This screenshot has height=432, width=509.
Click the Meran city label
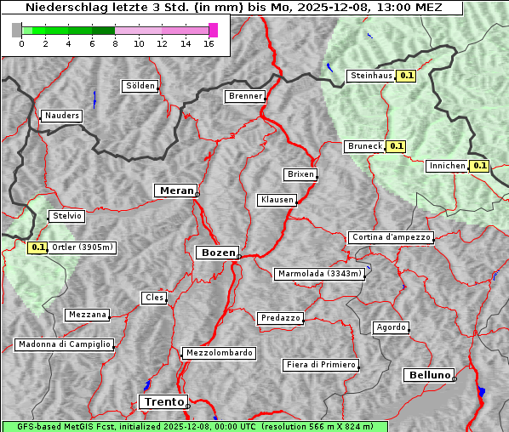pos(177,190)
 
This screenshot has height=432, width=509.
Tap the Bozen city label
pos(217,253)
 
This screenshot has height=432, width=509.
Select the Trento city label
pos(163,401)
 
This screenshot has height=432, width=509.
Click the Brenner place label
pos(246,96)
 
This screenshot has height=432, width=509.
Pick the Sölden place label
pos(140,86)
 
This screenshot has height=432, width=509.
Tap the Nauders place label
pos(62,116)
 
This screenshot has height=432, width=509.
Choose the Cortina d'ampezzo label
pos(391,237)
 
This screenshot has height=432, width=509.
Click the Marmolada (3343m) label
pos(320,274)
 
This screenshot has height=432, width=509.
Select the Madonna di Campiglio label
pos(64,344)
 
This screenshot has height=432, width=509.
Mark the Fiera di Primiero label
pos(321,365)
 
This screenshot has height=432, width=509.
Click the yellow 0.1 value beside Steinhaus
pos(407,76)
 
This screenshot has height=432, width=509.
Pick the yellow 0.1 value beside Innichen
pos(480,166)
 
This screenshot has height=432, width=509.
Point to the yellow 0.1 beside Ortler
pos(37,247)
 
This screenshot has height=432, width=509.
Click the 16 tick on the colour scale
pos(209,43)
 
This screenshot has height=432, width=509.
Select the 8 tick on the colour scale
pos(114,43)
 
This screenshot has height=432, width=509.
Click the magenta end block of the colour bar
pos(213,30)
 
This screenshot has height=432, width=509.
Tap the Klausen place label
pos(277,201)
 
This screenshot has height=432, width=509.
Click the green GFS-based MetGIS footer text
pos(194,426)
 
